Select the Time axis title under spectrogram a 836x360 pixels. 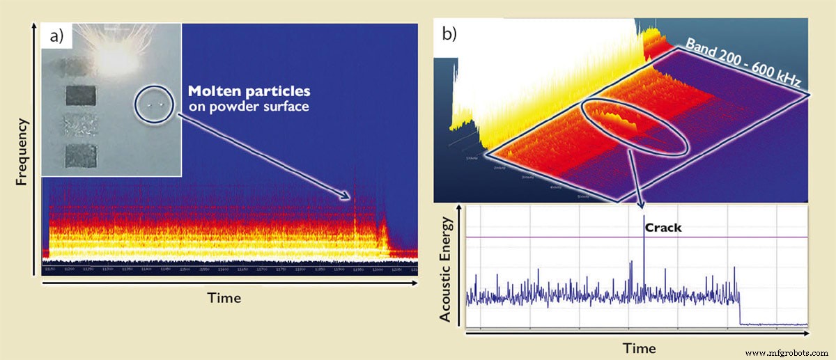(x=224, y=298)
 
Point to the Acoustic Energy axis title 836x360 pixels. (x=447, y=269)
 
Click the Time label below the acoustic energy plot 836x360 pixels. (x=638, y=347)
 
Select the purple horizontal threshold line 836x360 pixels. (x=557, y=237)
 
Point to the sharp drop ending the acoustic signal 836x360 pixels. (x=739, y=307)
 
